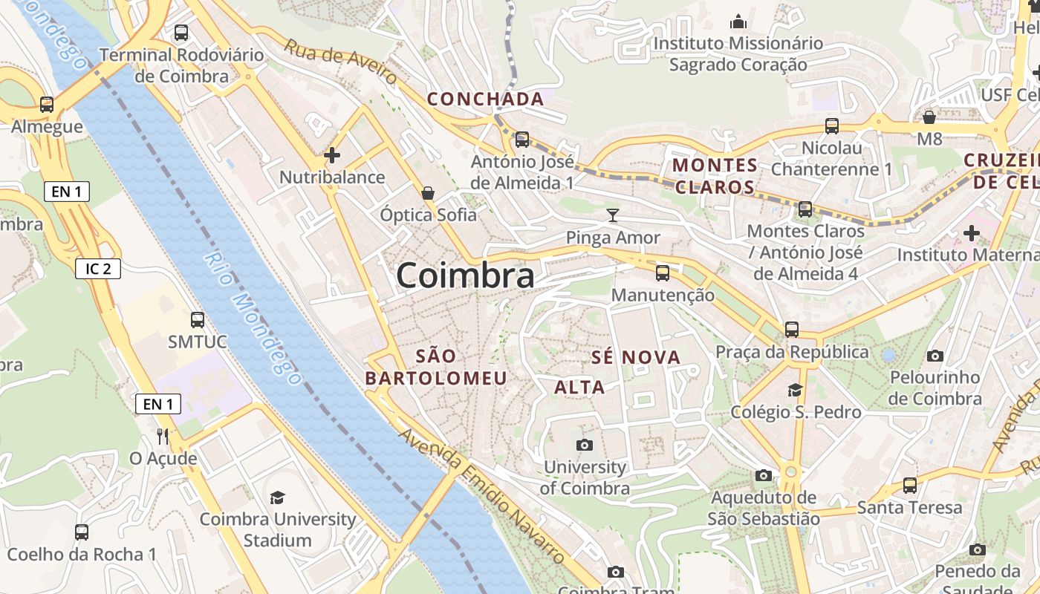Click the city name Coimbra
coord(465,275)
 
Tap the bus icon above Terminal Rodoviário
coord(181,33)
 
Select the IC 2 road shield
coord(98,268)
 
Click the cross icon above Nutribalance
coord(332,155)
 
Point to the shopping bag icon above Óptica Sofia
coord(428,193)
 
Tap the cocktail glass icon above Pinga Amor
coord(612,215)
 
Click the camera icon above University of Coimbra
coord(585,445)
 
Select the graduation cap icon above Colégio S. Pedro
coord(795,390)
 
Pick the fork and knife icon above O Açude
coord(163,436)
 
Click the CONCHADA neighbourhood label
coord(486,99)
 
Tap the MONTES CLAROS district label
coord(715,176)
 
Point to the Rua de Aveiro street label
coord(341,62)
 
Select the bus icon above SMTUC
coord(197,320)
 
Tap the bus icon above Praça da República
coord(792,329)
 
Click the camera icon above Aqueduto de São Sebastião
coord(764,475)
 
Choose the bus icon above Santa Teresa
coord(910,486)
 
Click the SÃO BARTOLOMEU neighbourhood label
coord(436,367)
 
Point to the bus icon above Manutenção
coord(663,273)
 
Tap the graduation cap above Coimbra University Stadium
coord(278,497)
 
